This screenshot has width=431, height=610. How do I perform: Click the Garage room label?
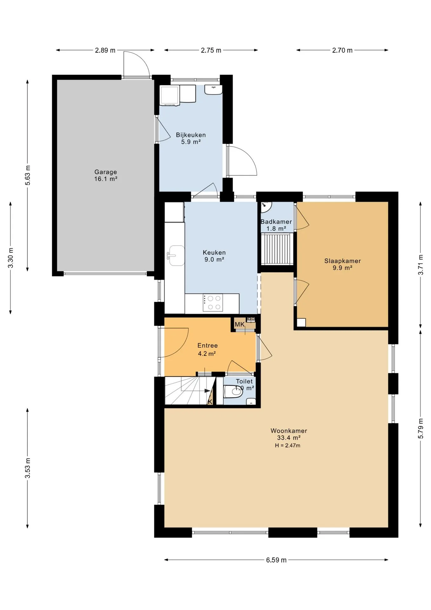tap(106, 172)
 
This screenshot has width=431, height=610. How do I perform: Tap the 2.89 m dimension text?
tap(105, 50)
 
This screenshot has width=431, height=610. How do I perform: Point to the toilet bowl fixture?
tap(233, 391)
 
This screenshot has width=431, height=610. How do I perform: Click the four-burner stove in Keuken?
tap(213, 302)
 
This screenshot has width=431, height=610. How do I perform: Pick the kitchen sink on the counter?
tap(176, 255)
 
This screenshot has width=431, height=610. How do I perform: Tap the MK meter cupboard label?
tap(240, 324)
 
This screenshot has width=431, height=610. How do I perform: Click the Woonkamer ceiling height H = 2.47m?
tap(288, 445)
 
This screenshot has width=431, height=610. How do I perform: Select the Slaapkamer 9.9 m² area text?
tap(342, 268)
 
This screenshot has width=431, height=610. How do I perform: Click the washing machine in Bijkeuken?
tap(170, 95)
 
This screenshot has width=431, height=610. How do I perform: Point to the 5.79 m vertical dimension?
tap(421, 429)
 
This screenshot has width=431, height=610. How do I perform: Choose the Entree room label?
tap(208, 345)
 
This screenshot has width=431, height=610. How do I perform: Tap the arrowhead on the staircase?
tap(207, 390)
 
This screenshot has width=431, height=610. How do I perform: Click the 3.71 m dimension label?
tap(421, 265)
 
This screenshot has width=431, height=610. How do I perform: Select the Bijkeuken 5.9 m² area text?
tap(191, 142)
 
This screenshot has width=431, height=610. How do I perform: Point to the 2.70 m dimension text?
tap(342, 50)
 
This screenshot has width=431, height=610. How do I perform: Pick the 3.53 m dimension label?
tap(28, 468)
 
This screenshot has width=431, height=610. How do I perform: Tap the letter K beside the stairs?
tap(210, 402)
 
